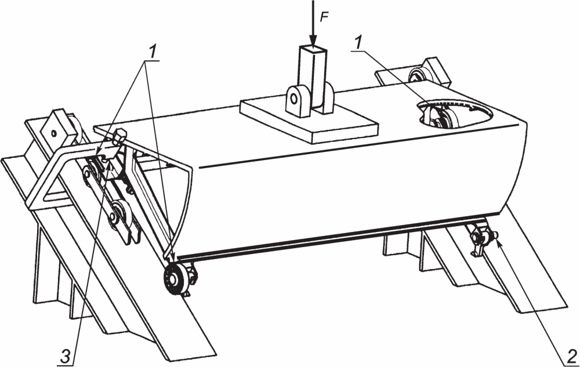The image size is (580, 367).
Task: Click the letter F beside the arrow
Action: click(324, 18)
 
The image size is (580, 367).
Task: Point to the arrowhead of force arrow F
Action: click(313, 41)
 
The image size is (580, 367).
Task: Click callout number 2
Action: click(570, 356)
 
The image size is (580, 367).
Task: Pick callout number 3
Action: click(64, 357)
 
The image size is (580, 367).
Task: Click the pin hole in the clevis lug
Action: click(294, 99)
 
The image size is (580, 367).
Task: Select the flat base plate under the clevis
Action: click(309, 120)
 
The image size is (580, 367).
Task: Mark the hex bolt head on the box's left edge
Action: click(119, 137)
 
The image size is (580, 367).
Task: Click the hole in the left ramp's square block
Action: click(53, 133)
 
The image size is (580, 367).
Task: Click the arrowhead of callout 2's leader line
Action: click(499, 243)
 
